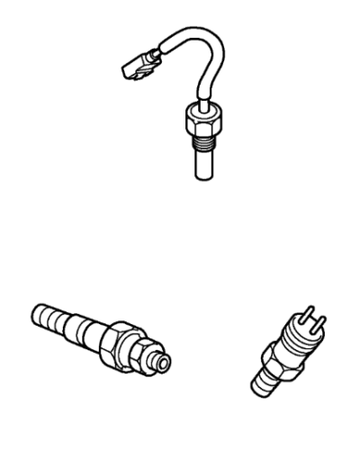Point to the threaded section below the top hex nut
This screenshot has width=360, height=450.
pyautogui.click(x=202, y=136)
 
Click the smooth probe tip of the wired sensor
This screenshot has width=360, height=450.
pyautogui.click(x=203, y=162)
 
